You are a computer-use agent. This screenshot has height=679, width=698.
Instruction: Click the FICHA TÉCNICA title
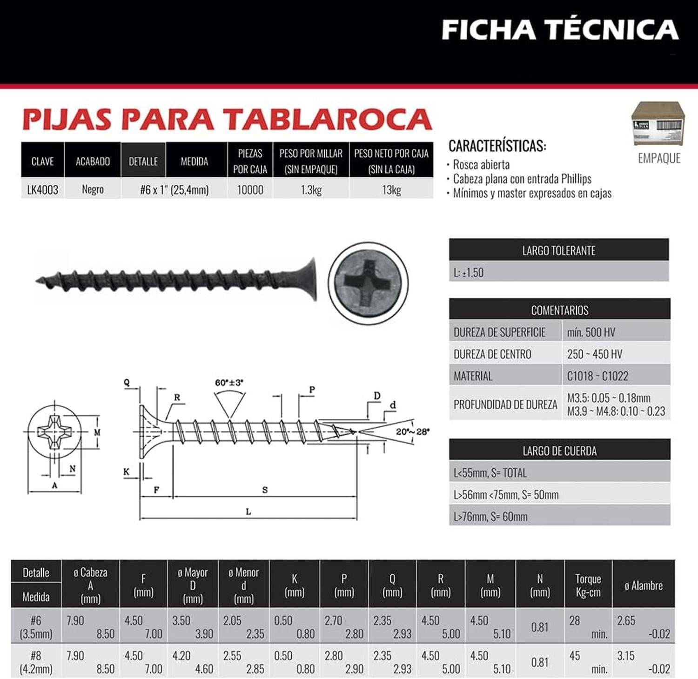(x=560, y=30)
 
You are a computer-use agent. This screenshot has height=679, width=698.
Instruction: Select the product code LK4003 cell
(x=42, y=189)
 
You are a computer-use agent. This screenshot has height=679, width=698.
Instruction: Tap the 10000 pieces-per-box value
(x=250, y=190)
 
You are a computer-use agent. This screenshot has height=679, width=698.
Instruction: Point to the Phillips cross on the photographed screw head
(x=368, y=283)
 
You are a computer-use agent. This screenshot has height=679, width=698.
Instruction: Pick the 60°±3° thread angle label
(x=229, y=383)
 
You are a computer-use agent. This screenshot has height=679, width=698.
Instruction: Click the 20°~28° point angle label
(x=413, y=431)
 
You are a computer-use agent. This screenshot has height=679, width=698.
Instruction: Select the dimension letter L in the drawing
(x=248, y=512)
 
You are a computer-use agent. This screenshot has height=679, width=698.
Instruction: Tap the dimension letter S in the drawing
(x=265, y=490)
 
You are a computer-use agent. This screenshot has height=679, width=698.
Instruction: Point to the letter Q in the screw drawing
(x=127, y=383)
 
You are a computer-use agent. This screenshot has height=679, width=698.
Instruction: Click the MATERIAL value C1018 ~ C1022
(x=597, y=376)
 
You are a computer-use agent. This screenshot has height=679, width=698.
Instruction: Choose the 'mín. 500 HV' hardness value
(x=591, y=332)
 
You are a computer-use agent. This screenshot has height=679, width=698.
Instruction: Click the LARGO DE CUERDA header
(x=559, y=451)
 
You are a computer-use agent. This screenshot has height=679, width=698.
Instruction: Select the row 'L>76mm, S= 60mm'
(x=490, y=517)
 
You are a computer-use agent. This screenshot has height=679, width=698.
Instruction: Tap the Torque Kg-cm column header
(x=588, y=585)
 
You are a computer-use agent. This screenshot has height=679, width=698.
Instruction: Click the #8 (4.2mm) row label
(x=36, y=662)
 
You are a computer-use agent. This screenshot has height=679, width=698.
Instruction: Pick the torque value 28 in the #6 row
(x=575, y=620)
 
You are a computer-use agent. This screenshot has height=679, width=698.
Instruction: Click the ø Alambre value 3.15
(x=625, y=656)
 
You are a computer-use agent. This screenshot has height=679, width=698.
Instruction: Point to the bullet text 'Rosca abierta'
(x=481, y=165)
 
